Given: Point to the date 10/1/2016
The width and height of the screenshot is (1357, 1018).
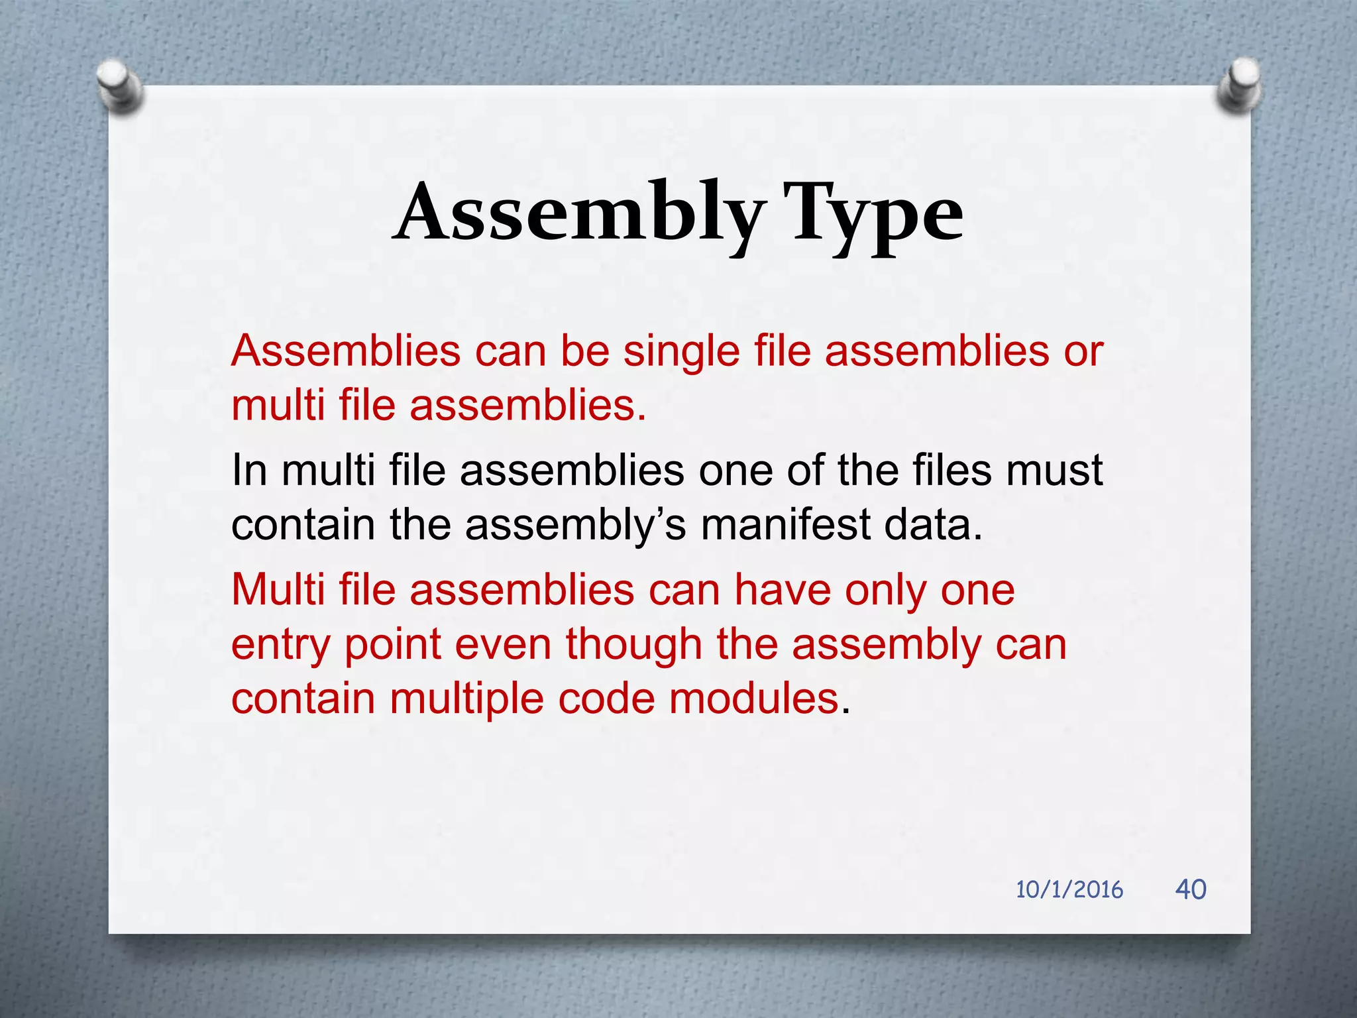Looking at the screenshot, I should point(1069,889).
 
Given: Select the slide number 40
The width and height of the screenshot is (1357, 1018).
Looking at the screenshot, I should point(1190,889).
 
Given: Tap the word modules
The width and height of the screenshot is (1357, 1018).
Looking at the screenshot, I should point(753,699).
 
